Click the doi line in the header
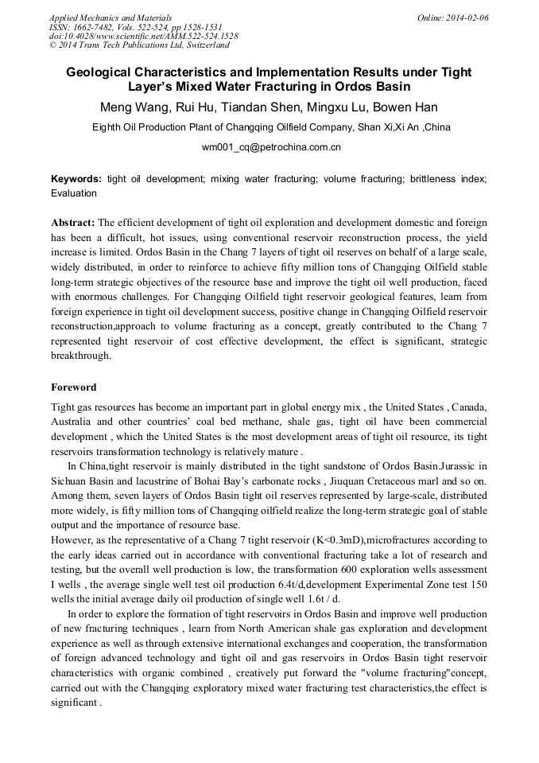click(143, 37)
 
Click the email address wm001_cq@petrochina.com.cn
click(270, 146)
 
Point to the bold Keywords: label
click(76, 180)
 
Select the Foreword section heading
click(73, 387)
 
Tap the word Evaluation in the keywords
click(74, 193)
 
